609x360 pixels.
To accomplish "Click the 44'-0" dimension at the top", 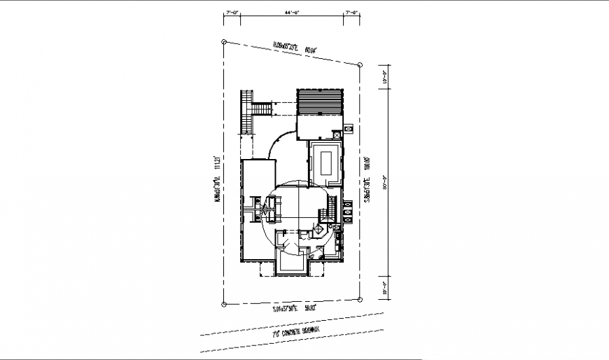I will [x=293, y=12].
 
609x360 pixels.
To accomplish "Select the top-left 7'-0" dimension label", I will [x=232, y=12].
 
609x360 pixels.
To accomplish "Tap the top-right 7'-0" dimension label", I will [x=352, y=12].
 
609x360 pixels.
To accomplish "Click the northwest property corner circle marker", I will [x=224, y=42].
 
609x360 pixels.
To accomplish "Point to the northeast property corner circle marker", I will [x=360, y=64].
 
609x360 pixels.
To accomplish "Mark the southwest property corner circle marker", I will [x=224, y=304].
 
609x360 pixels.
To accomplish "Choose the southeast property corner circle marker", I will [x=360, y=299].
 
